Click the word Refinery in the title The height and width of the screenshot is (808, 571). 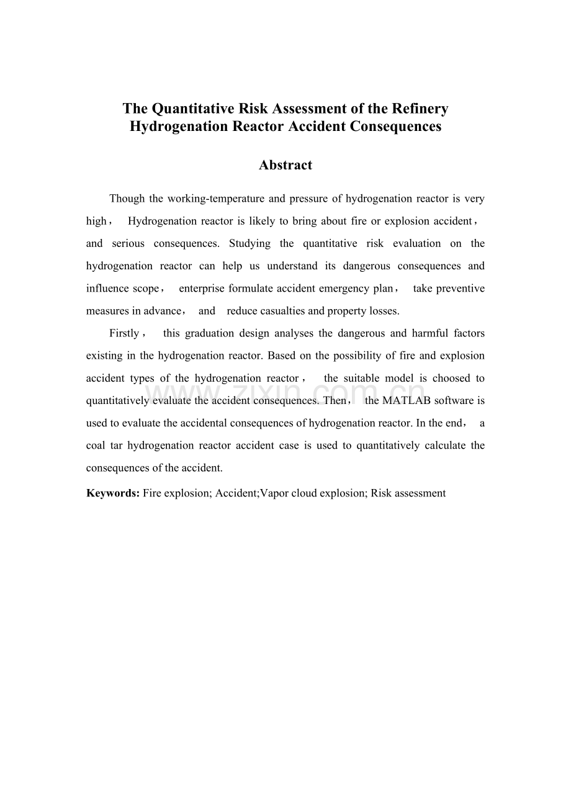click(x=420, y=109)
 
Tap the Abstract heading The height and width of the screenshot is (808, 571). click(x=285, y=165)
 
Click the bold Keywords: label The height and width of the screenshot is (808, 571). click(x=113, y=493)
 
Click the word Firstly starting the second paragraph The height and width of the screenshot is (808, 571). click(x=124, y=333)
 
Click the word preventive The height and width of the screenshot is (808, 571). click(x=462, y=289)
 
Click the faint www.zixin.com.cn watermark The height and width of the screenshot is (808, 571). click(x=285, y=394)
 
